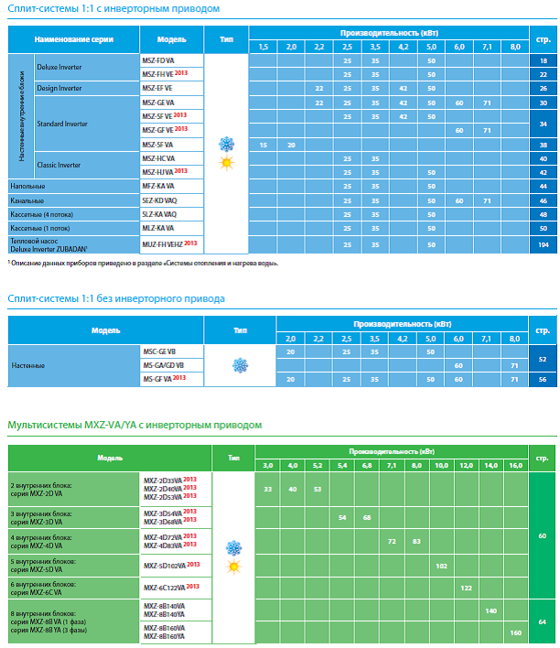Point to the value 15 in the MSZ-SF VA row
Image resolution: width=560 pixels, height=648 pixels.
pyautogui.click(x=263, y=145)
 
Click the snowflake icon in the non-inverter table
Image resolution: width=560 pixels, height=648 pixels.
pyautogui.click(x=240, y=365)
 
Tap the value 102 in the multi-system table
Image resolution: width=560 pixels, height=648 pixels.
pyautogui.click(x=441, y=566)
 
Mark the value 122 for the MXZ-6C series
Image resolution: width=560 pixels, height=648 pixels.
pyautogui.click(x=466, y=587)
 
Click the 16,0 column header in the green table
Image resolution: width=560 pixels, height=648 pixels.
pyautogui.click(x=515, y=466)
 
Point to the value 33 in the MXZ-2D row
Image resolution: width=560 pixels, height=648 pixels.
pyautogui.click(x=268, y=490)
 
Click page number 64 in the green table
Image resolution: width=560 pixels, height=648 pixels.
pyautogui.click(x=543, y=622)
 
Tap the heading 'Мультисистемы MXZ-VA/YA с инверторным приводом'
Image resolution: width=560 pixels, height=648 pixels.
pyautogui.click(x=135, y=425)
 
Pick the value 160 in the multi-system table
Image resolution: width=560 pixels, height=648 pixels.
pyautogui.click(x=515, y=632)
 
